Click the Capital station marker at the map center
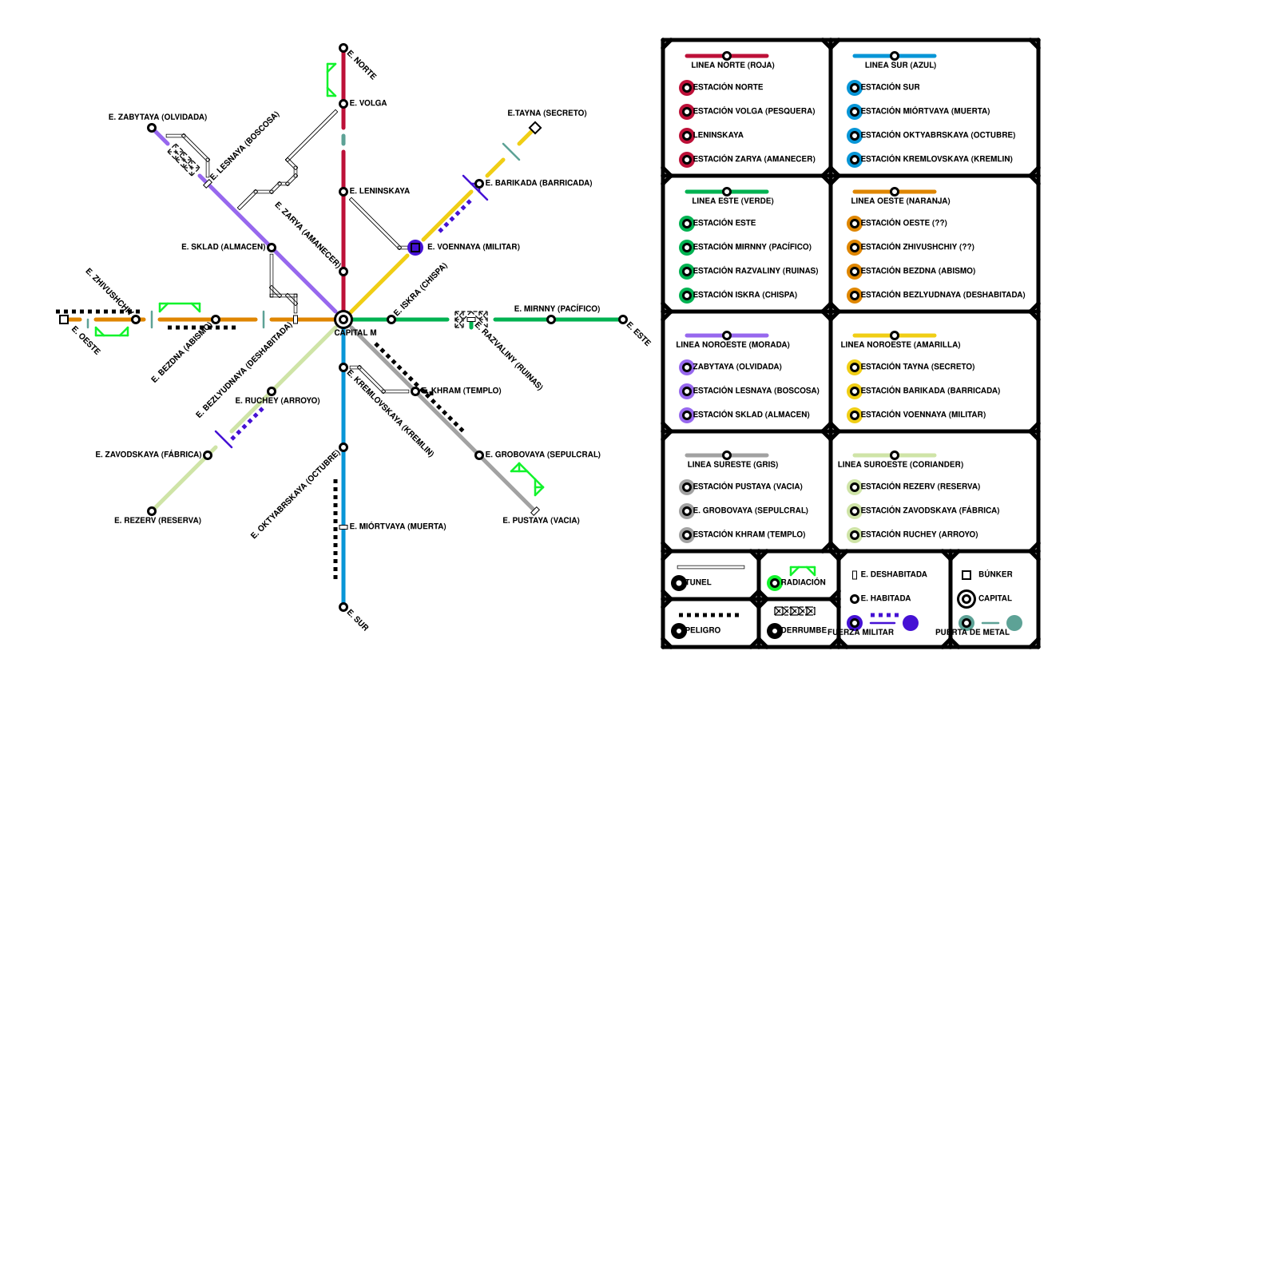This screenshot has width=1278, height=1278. (343, 319)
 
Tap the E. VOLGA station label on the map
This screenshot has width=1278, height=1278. (368, 104)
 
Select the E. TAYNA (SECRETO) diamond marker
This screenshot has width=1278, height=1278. (535, 128)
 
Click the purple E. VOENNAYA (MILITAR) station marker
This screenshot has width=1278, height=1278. (415, 248)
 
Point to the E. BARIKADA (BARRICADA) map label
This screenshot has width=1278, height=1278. (539, 184)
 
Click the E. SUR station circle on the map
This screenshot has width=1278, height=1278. (343, 607)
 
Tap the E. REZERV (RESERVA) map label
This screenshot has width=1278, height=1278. (157, 521)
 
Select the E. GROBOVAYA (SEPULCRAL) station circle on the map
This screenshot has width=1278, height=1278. (479, 455)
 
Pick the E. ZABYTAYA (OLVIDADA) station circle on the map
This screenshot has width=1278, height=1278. (152, 128)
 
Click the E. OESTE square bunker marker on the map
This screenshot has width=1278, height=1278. (64, 319)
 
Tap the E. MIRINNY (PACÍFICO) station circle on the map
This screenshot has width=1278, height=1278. (551, 319)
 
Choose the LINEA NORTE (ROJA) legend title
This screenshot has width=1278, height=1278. (732, 65)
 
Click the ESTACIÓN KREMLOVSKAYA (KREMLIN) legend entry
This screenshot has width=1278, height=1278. (937, 160)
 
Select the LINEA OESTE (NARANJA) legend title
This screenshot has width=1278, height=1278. (900, 201)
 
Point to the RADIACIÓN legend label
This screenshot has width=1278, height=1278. (804, 583)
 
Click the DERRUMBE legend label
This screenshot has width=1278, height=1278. (804, 631)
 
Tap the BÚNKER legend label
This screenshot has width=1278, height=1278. (995, 575)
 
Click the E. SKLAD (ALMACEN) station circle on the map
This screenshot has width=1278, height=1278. (272, 248)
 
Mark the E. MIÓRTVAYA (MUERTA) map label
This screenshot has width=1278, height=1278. (398, 527)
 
